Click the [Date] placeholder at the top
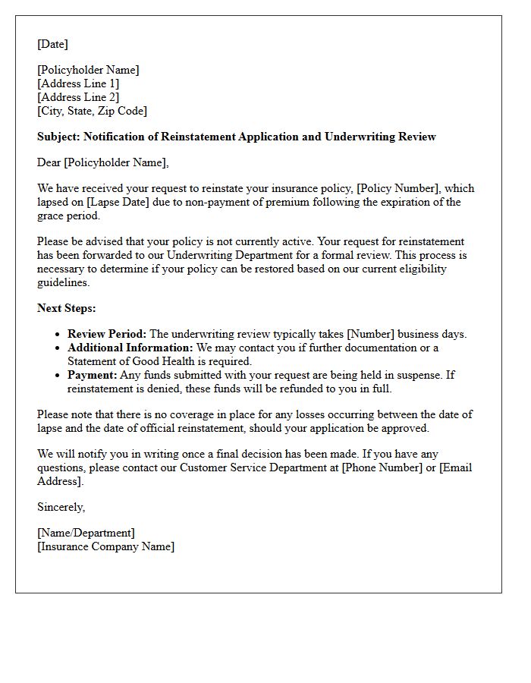coord(52,44)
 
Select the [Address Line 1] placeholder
coord(78,83)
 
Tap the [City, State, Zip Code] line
coord(92,111)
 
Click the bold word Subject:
coord(58,137)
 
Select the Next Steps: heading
coord(67,308)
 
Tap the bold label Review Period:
coord(107,334)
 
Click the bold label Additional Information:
coord(130,348)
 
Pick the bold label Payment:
coord(93,375)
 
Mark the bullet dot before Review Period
coord(58,335)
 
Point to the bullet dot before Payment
coord(58,376)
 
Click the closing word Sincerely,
coord(61,507)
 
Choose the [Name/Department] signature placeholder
coord(86,533)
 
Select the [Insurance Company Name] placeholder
coord(105,546)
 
